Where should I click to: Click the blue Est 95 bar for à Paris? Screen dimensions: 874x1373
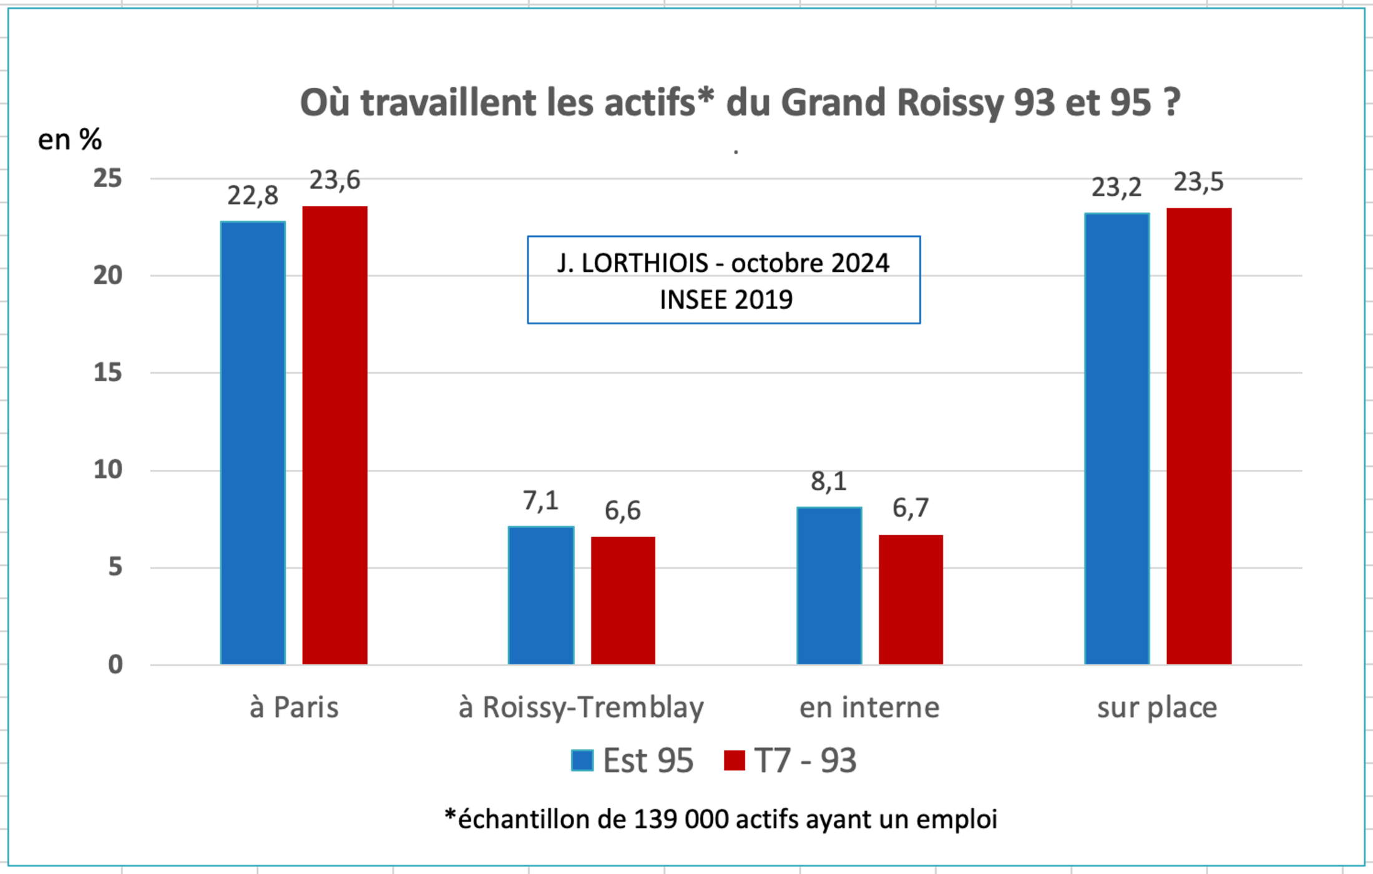pyautogui.click(x=253, y=443)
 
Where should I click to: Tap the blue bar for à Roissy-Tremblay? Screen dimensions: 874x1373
pyautogui.click(x=541, y=596)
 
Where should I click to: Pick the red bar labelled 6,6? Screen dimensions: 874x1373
pyautogui.click(x=623, y=600)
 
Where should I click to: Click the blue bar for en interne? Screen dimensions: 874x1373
pyautogui.click(x=829, y=586)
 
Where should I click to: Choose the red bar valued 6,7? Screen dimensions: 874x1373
pyautogui.click(x=911, y=600)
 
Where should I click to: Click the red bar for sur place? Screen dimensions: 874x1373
pyautogui.click(x=1199, y=436)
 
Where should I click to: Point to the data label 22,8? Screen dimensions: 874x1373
pyautogui.click(x=253, y=196)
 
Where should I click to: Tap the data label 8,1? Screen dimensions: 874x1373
pyautogui.click(x=829, y=482)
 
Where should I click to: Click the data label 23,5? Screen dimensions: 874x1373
pyautogui.click(x=1199, y=182)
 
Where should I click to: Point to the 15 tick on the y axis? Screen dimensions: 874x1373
pyautogui.click(x=108, y=372)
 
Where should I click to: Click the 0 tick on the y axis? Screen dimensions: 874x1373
pyautogui.click(x=115, y=665)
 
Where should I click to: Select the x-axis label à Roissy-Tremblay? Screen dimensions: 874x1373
pyautogui.click(x=581, y=708)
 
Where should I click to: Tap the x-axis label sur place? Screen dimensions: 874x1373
pyautogui.click(x=1157, y=708)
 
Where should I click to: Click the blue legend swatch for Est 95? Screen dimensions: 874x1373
pyautogui.click(x=582, y=760)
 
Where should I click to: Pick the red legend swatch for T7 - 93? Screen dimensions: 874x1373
pyautogui.click(x=735, y=760)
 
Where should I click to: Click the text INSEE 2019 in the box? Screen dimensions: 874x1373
pyautogui.click(x=726, y=300)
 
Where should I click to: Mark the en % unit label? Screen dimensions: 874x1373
pyautogui.click(x=70, y=140)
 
